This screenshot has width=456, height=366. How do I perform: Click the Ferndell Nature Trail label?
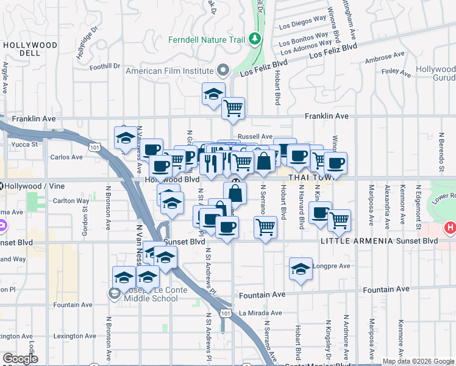(207, 40)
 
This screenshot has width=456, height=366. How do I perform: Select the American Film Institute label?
(169, 71)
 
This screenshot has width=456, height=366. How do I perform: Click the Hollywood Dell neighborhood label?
(30, 50)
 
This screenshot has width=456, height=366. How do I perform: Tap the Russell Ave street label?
(255, 137)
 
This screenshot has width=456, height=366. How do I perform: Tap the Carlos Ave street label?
(66, 157)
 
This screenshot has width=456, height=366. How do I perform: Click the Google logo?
(20, 359)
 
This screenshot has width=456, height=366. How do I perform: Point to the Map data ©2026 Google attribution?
(417, 361)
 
